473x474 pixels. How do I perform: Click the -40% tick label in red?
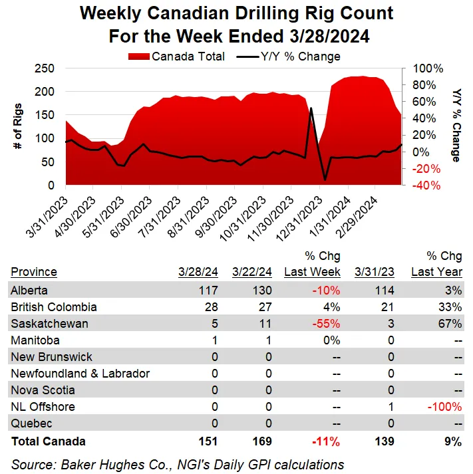426,185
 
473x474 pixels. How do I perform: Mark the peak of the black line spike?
311,108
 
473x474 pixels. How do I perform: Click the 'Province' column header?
34,272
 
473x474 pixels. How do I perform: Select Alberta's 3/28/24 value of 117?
208,291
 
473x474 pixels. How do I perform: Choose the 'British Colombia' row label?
54,307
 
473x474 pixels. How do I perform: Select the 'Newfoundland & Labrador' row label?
80,374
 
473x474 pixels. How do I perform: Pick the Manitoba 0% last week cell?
331,340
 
